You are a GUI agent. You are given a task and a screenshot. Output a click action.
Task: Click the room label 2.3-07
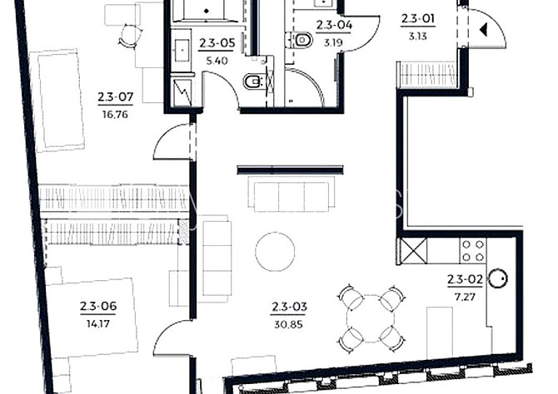coord(115,96)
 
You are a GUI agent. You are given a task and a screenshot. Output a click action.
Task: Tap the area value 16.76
coord(115,115)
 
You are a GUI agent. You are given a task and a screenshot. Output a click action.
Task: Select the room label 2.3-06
coord(98,306)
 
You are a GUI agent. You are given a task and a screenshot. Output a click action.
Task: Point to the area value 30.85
coord(289,324)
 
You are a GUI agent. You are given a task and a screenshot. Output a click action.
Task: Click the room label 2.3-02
coord(465,280)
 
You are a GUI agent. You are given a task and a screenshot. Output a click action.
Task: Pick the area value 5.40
coord(217,61)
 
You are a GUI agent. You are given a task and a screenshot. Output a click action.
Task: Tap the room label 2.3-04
coord(334,25)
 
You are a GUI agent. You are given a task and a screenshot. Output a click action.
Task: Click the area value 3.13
coord(418,36)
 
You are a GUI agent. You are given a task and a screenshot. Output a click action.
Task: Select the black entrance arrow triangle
coord(484,29)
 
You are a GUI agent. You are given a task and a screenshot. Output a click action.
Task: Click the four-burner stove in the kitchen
coord(473,251)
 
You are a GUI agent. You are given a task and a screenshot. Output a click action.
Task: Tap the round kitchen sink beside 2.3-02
coord(498,278)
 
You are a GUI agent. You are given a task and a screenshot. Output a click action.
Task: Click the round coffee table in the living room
coord(275,252)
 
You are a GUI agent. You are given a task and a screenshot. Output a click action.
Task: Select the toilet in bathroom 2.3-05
coord(253,81)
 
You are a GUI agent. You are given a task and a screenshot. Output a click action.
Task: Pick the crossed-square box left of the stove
coord(412,251)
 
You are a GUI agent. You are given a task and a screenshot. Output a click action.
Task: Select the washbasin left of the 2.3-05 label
coord(182,50)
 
